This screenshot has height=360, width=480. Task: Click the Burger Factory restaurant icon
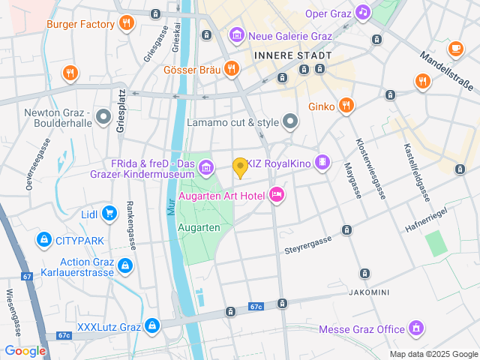tap(125, 24)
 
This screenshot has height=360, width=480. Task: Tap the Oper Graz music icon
tap(363, 13)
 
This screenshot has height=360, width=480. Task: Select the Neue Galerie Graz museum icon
tap(237, 34)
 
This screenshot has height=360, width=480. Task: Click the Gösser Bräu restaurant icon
tap(231, 70)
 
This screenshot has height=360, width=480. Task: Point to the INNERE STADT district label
tap(292, 55)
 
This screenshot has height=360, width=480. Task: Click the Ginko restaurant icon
tap(346, 106)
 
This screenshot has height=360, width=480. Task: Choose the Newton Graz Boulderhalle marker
tap(103, 116)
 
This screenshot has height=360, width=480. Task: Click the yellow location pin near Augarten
tap(240, 167)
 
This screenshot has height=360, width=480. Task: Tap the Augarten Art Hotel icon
tap(276, 195)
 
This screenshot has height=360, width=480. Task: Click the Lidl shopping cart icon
tap(110, 214)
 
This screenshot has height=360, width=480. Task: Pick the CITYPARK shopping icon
tap(43, 240)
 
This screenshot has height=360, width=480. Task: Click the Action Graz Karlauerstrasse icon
tap(124, 265)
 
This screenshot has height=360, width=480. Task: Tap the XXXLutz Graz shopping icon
tap(152, 326)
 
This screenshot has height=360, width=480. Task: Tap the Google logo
tap(25, 350)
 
